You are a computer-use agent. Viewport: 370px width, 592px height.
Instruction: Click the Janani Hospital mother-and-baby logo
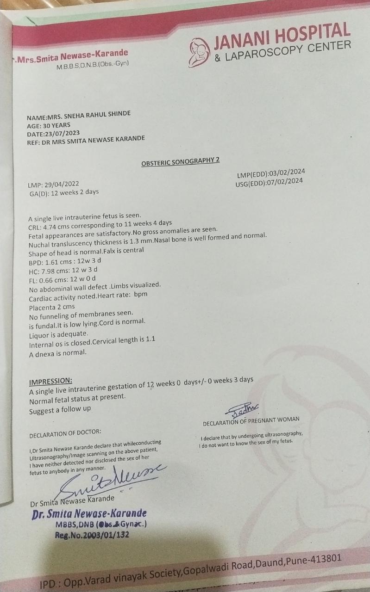tap(200, 51)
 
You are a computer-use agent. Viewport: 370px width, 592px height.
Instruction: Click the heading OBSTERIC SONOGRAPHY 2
tap(180, 160)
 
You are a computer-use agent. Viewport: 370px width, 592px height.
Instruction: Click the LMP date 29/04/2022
tap(59, 184)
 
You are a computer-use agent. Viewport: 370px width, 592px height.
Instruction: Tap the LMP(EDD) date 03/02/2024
tap(286, 173)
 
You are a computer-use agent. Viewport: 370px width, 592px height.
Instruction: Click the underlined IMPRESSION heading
tap(50, 381)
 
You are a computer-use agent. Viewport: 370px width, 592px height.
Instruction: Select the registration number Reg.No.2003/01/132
tap(92, 535)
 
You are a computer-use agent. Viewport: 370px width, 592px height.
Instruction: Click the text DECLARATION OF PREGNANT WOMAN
tap(251, 419)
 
